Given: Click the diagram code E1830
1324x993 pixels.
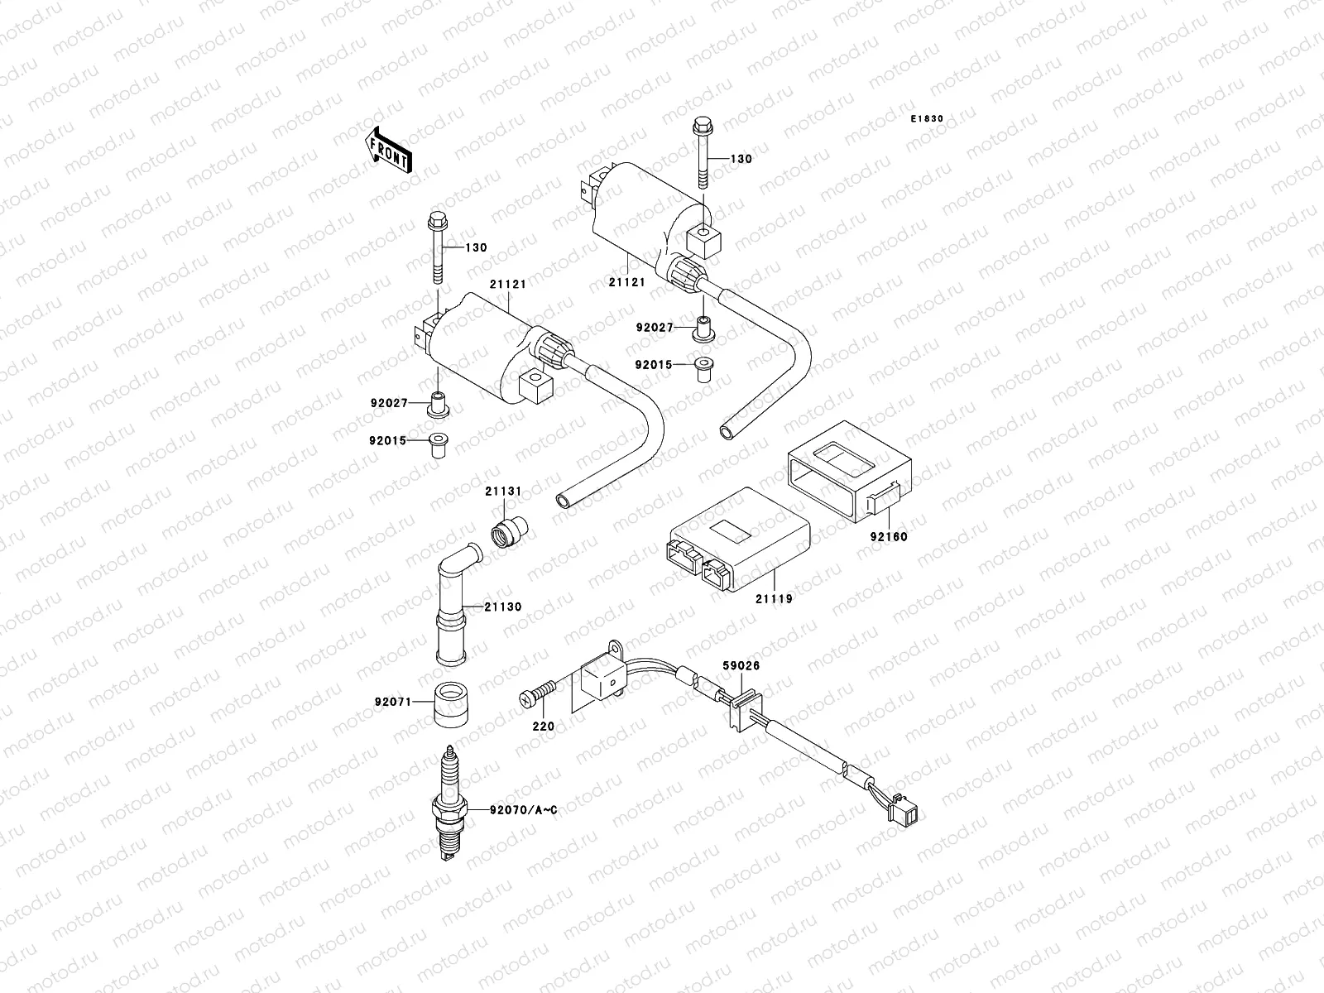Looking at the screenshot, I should point(927,119).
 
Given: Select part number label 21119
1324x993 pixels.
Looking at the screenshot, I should point(775,597).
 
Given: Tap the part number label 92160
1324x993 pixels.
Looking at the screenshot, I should point(889,536).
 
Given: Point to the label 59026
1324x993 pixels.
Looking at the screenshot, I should point(741,664).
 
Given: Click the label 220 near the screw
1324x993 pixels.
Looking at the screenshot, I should point(544,727).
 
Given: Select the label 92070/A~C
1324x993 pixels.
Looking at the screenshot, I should point(523,810).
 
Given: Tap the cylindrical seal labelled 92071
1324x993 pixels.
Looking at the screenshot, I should point(449,703).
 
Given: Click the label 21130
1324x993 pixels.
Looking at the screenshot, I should point(504,607).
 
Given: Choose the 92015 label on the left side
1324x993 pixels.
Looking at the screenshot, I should point(388,440).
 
